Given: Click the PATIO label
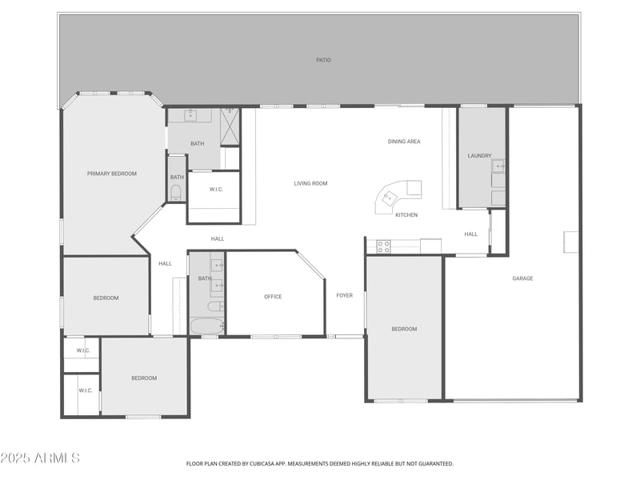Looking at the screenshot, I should pos(323,60).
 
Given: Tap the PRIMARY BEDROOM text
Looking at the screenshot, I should pos(112,174).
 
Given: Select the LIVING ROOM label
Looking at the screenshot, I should pos(310,183).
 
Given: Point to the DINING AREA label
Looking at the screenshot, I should pos(404,142).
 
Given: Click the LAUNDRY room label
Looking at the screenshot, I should pos(479,156).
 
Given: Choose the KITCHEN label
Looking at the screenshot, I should pos(406,214).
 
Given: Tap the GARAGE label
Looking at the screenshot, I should pos(522,278).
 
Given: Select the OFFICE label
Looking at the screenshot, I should pos(273,297).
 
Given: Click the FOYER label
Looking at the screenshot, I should pos(344,295).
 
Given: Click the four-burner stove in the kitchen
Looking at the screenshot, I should pos(383,246).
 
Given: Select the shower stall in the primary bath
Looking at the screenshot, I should pos(230,126).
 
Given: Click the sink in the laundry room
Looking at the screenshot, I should pos(498,166).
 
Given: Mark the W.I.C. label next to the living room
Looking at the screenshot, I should pos(216,190).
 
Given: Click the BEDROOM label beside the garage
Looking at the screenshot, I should pos(404,329).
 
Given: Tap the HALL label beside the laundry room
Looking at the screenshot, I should pos(470,234).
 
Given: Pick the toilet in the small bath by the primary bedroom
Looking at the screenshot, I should pos(175,192).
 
